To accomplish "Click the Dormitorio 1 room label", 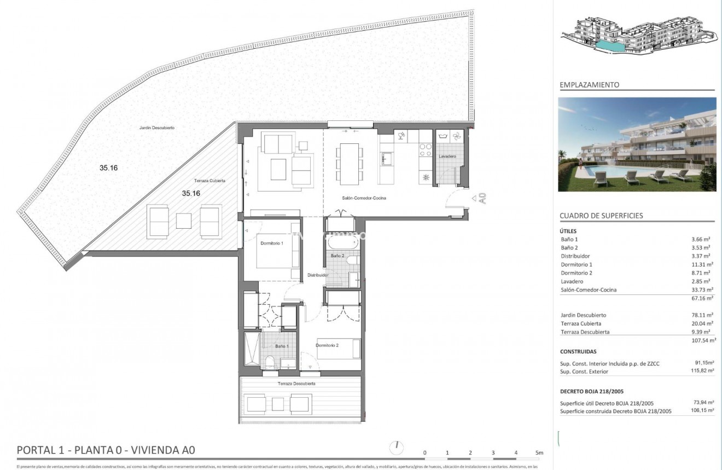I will point(271,243).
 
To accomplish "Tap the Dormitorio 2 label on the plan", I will point(328,345).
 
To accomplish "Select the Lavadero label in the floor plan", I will point(447,156).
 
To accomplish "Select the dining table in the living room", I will point(348,164).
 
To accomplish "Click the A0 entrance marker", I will point(482,198).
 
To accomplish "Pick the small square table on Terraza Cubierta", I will point(184,221).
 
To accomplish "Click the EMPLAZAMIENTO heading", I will point(589,85).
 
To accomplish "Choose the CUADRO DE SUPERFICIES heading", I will point(601,216).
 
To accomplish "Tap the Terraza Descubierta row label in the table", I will point(585,332).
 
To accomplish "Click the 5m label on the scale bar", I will point(539,452).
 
